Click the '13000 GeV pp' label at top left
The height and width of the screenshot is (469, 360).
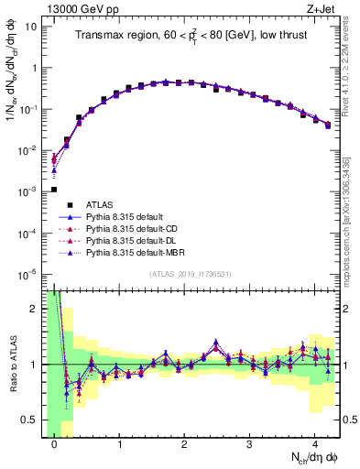[x=80, y=8]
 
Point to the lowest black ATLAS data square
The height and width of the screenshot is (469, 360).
[x=54, y=190]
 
